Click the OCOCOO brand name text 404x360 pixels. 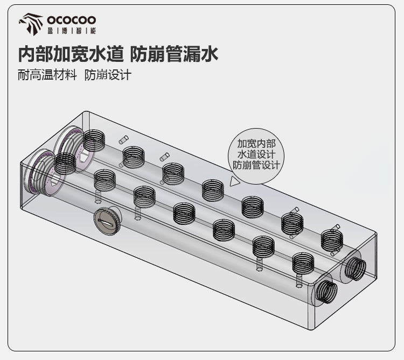71,20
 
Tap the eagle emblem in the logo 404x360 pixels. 31,24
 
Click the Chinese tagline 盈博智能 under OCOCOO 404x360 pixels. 72,31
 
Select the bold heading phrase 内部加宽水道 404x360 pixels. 71,54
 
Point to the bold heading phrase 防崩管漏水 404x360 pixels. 175,54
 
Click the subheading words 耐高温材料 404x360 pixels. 47,75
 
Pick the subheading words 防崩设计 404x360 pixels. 108,75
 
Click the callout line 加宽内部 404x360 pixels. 256,144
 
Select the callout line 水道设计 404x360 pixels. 256,154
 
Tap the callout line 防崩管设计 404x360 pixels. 256,165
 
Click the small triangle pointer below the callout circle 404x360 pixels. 234,181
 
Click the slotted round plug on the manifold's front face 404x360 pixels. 107,221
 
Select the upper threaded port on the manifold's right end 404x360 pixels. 356,269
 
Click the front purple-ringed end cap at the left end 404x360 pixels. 44,173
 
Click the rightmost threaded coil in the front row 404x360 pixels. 303,263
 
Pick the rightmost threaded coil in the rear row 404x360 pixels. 332,240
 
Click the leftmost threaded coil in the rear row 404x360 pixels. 94,140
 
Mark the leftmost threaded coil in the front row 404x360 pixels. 65,164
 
